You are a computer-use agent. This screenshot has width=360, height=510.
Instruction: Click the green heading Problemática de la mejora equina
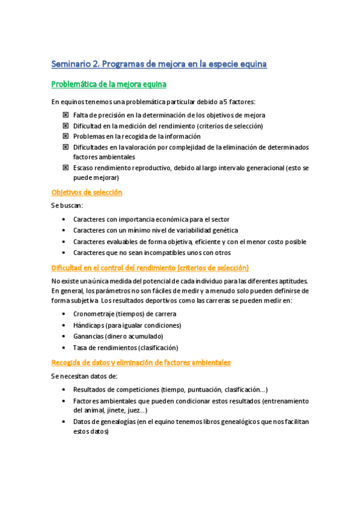tap(109, 84)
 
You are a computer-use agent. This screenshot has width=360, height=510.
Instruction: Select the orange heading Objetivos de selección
tap(87, 192)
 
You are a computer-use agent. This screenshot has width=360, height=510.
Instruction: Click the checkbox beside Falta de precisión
tap(65, 115)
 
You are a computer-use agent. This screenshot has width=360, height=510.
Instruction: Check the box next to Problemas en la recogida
tap(65, 137)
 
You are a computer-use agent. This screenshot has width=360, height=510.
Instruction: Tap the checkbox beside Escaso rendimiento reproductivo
tap(65, 168)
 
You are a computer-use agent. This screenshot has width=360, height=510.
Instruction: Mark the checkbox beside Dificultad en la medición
tap(65, 126)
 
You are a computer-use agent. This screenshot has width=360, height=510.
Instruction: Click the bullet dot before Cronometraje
tap(64, 315)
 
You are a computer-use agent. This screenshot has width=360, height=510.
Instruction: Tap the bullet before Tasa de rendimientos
tap(64, 348)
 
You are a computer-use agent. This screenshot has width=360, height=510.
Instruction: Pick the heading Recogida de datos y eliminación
tap(141, 363)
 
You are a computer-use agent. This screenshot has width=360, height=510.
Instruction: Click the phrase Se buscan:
tap(68, 205)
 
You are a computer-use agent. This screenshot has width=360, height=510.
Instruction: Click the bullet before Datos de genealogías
tap(64, 422)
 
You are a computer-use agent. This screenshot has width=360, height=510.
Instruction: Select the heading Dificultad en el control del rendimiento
tap(150, 268)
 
